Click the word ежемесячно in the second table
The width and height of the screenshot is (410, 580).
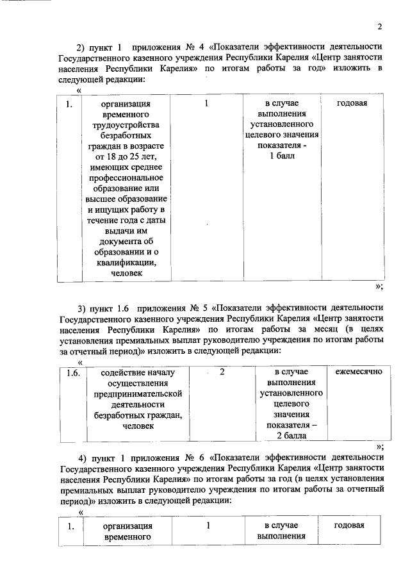[355, 372]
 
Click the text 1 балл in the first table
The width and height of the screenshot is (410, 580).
[283, 157]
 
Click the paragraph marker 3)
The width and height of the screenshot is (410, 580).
[81, 308]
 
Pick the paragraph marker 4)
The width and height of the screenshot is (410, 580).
[83, 458]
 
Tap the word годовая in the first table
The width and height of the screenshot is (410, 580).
[352, 103]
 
